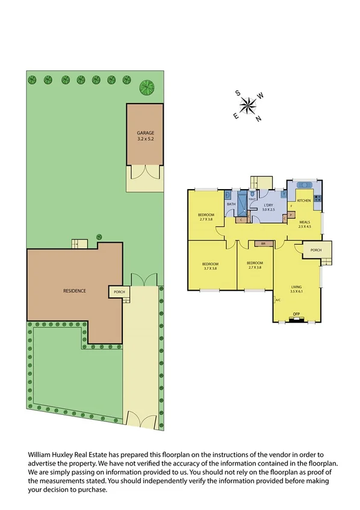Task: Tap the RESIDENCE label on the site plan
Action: tap(75, 291)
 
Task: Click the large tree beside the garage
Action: tap(146, 87)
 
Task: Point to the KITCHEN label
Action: tap(304, 200)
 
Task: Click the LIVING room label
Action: tap(296, 287)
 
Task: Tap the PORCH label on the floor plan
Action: tap(316, 250)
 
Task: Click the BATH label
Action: tap(231, 205)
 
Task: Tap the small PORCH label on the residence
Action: tap(116, 292)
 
